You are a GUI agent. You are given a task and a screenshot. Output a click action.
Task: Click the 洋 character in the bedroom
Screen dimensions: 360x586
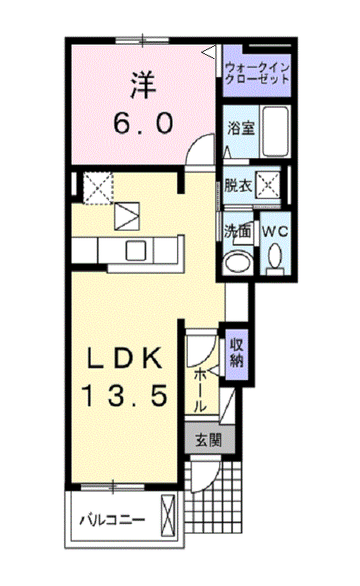click(143, 86)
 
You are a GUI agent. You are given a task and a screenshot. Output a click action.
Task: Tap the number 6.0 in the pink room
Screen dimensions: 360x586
click(143, 124)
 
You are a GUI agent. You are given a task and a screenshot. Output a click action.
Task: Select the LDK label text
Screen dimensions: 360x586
click(125, 358)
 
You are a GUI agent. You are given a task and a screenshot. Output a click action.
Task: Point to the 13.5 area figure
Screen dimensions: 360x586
click(125, 396)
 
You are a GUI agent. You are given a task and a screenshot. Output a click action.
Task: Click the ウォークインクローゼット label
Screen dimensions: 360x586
click(257, 73)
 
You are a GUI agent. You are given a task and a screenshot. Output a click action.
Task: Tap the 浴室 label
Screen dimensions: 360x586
click(242, 129)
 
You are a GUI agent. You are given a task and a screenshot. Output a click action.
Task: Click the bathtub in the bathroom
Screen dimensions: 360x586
click(276, 132)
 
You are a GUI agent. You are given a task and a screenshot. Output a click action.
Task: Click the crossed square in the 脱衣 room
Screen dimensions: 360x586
click(267, 185)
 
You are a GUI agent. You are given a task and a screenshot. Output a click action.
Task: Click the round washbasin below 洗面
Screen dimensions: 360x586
click(238, 261)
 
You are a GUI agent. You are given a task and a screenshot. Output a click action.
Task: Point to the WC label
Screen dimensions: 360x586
click(275, 231)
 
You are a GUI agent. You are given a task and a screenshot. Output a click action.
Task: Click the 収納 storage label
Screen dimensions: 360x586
click(237, 353)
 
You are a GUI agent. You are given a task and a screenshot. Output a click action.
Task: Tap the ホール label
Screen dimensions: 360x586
click(200, 390)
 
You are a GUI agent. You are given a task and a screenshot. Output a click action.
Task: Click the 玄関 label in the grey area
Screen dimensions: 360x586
click(209, 441)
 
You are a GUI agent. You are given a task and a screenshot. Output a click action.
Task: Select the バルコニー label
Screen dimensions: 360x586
click(112, 520)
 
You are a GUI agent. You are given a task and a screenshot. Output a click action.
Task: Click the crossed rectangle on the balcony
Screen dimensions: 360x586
click(168, 516)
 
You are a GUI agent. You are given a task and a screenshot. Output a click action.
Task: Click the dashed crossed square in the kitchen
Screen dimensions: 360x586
click(98, 188)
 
